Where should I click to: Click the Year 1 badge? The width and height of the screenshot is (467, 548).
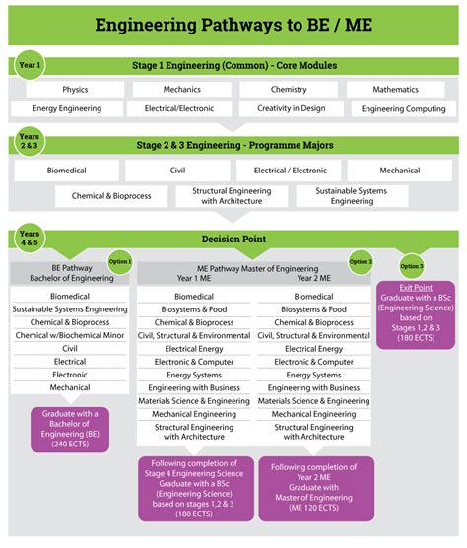pyautogui.click(x=31, y=65)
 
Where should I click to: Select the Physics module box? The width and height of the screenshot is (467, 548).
pyautogui.click(x=75, y=90)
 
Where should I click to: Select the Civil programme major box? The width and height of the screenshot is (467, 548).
pyautogui.click(x=177, y=171)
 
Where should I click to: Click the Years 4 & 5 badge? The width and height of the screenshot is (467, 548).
pyautogui.click(x=31, y=240)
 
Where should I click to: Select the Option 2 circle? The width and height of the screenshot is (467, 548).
pyautogui.click(x=360, y=261)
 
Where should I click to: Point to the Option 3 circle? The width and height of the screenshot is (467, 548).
pyautogui.click(x=411, y=266)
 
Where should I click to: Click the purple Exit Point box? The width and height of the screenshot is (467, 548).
pyautogui.click(x=417, y=312)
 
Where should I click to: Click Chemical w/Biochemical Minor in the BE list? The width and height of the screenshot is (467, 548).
pyautogui.click(x=69, y=335)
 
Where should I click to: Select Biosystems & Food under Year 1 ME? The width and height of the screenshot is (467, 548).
pyautogui.click(x=193, y=309)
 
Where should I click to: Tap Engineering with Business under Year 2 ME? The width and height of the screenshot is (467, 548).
pyautogui.click(x=314, y=387)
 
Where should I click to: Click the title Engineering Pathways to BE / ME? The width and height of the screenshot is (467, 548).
pyautogui.click(x=233, y=23)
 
